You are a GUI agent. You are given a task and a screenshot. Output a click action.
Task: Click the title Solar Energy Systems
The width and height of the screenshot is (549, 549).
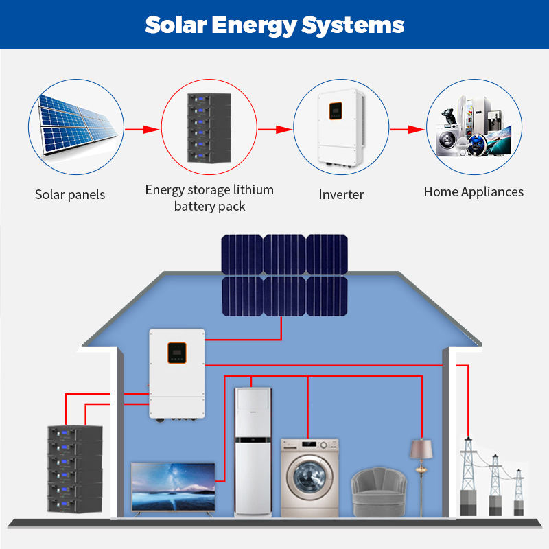coord(274,25)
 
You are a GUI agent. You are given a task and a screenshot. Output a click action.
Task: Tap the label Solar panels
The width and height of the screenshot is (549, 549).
coord(70,194)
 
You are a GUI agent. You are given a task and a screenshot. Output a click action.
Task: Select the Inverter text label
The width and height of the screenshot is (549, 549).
coord(341,194)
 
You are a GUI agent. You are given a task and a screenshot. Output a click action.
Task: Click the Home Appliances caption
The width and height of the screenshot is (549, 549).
coord(474,192)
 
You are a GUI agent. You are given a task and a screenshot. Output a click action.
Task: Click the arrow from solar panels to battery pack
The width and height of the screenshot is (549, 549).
coord(142,129)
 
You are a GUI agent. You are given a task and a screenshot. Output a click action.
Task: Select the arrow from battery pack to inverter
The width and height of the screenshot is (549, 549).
coord(275,129)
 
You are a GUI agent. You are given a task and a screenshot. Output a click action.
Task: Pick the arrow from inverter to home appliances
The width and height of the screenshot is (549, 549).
coord(407,129)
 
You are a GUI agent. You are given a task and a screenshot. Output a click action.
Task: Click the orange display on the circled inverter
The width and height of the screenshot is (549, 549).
coord(336,110)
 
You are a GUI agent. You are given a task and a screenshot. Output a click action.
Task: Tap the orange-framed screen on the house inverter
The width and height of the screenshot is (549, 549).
coord(177,353)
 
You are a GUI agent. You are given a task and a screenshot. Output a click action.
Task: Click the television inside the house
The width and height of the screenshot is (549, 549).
coord(173,489)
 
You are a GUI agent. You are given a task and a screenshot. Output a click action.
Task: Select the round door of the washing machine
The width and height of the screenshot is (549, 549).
coord(309,477)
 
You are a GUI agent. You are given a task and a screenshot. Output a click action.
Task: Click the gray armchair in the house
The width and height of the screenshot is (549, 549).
coord(379,492)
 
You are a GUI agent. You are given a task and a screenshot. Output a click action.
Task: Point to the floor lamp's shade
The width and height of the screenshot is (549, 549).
coord(421,449)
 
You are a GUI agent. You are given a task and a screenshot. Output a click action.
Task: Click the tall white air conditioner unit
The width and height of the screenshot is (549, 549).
coord(253,452)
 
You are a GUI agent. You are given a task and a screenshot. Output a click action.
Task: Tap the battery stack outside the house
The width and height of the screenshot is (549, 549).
coord(75,469)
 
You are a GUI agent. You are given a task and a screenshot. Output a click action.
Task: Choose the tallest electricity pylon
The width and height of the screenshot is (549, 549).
coord(468,476)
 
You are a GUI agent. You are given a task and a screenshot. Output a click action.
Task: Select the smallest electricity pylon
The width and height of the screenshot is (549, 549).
coord(519,492)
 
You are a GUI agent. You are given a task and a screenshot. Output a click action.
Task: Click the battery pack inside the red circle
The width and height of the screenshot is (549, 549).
coord(209,128)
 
